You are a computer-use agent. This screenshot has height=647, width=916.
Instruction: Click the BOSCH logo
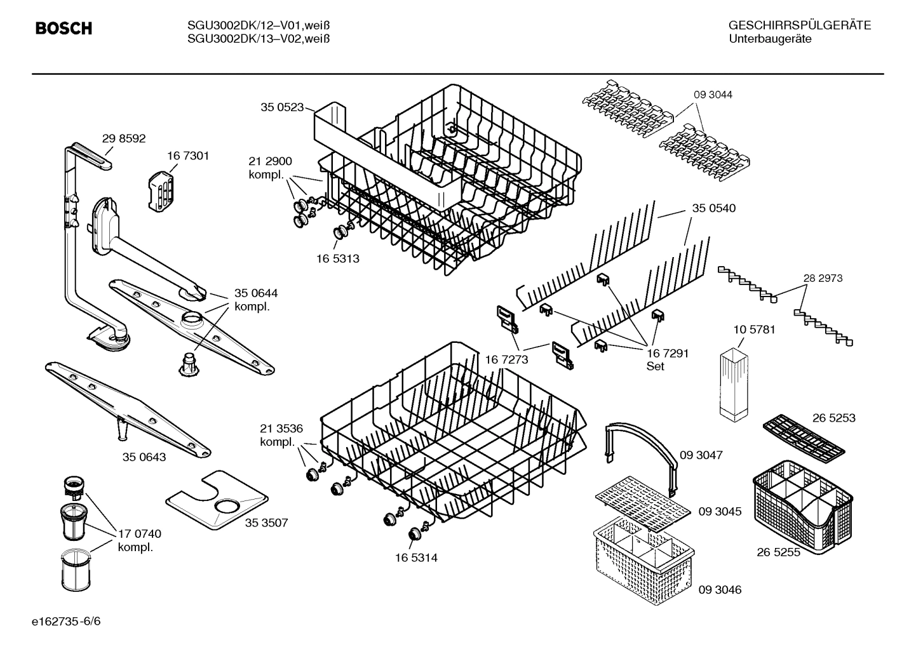tap(64, 28)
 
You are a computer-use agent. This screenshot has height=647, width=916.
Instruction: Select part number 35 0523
tap(282, 107)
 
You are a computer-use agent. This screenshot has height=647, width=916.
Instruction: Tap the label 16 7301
tap(188, 156)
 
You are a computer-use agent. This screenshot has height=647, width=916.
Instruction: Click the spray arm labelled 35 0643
tap(127, 410)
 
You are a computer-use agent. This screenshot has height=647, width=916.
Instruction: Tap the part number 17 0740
tap(139, 534)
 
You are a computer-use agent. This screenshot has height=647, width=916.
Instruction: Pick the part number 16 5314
tap(416, 558)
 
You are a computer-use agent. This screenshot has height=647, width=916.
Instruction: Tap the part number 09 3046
tap(720, 590)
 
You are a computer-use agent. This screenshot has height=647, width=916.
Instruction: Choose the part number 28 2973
tap(823, 278)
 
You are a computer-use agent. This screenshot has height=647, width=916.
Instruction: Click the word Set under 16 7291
tap(656, 366)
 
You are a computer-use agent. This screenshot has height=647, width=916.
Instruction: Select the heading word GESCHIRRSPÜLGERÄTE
tap(799, 25)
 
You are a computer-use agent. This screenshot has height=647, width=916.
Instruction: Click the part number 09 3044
tap(713, 95)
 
